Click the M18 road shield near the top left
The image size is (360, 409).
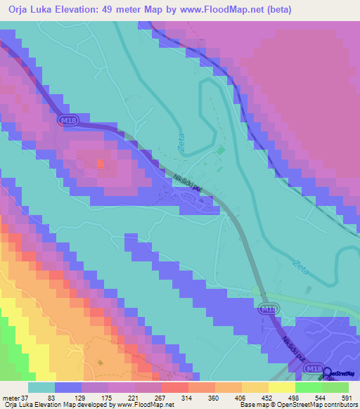(68, 122)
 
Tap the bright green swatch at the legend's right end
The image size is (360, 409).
(335, 387)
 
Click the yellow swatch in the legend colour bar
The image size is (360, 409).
(281, 387)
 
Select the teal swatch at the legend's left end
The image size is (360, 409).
(41, 387)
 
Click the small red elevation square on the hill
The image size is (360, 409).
(100, 164)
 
